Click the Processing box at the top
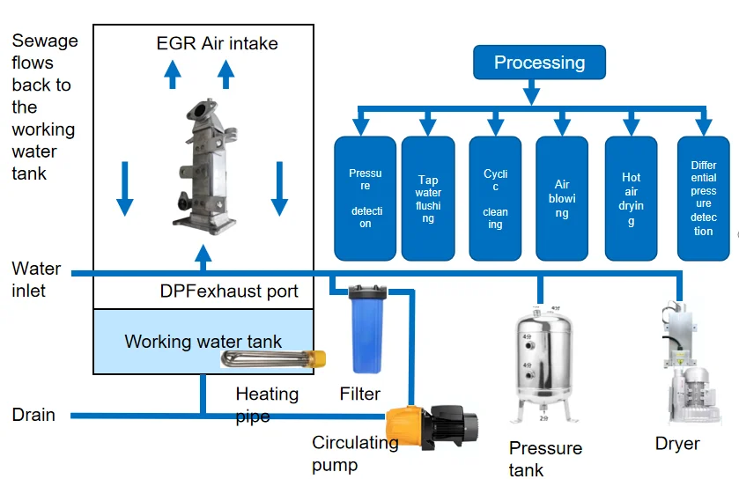(x=539, y=63)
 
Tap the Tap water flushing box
(x=428, y=198)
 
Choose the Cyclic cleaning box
(x=495, y=198)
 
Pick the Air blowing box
(x=562, y=198)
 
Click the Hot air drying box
(x=631, y=198)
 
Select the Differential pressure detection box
(x=703, y=198)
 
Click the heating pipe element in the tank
(x=273, y=359)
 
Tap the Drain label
(x=33, y=415)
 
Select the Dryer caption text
(x=676, y=444)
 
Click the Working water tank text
(x=203, y=341)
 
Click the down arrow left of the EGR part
(x=125, y=188)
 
